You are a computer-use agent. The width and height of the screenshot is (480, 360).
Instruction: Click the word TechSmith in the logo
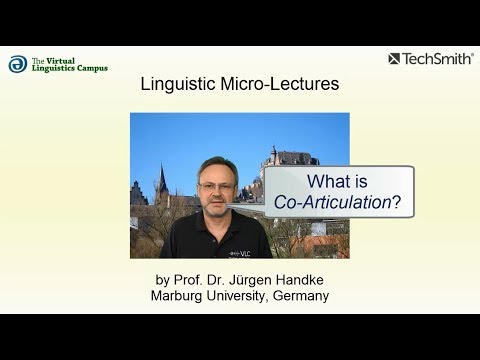pyautogui.click(x=438, y=59)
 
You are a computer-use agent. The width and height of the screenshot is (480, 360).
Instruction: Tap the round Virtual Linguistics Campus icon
pyautogui.click(x=18, y=64)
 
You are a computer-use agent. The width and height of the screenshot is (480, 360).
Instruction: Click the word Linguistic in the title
pyautogui.click(x=177, y=85)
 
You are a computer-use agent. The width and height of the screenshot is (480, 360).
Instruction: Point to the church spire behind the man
pyautogui.click(x=162, y=180)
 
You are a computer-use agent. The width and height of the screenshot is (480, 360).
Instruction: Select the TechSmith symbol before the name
pyautogui.click(x=395, y=59)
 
